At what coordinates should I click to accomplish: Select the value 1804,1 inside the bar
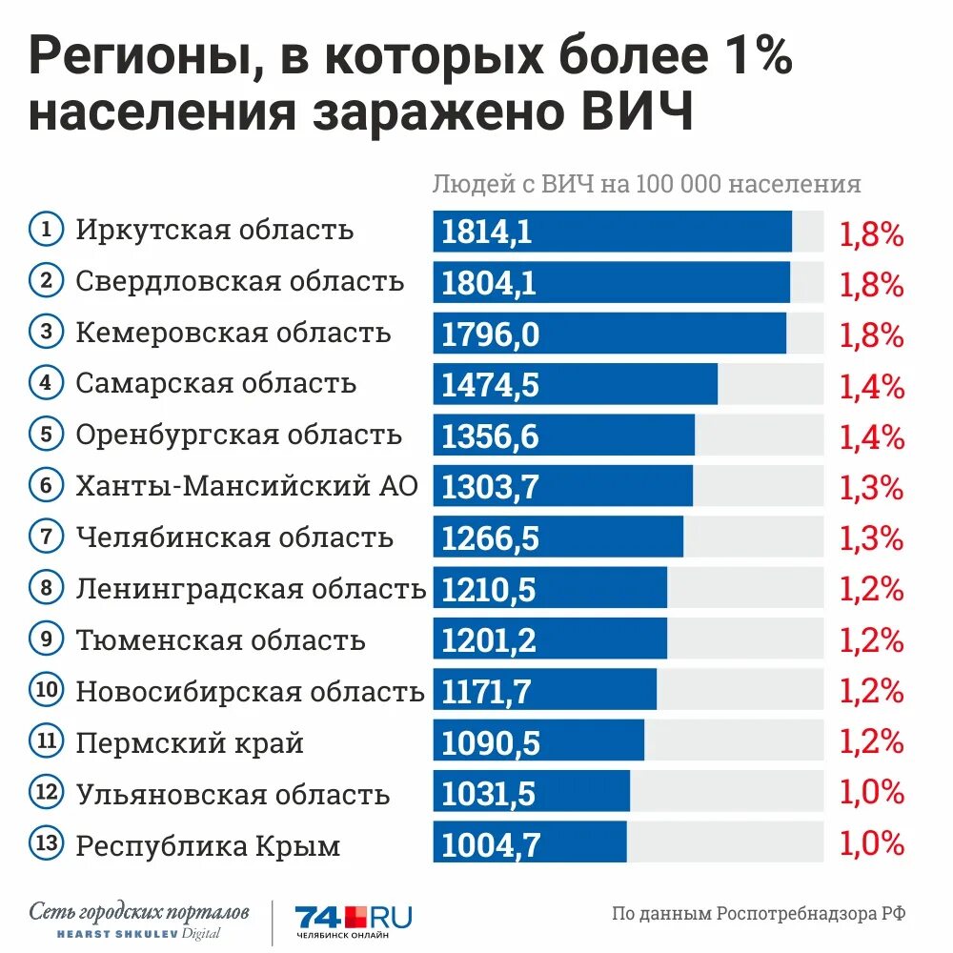tap(489, 283)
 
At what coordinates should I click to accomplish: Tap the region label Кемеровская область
tap(233, 334)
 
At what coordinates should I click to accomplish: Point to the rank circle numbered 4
tap(46, 383)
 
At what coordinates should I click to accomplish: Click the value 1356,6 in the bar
tap(491, 437)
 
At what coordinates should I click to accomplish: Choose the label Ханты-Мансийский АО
tap(247, 485)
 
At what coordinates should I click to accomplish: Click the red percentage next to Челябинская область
tap(871, 538)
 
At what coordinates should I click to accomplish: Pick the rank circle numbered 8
tap(46, 588)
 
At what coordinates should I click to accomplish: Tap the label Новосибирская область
tap(250, 691)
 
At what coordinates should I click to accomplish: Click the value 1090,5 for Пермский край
tap(490, 743)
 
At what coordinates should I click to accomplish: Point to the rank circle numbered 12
tap(46, 793)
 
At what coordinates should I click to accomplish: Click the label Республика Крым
tap(208, 845)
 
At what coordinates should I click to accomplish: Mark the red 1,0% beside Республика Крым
tap(871, 844)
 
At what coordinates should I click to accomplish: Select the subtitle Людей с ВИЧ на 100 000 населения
tap(647, 184)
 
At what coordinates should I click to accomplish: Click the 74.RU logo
tap(354, 922)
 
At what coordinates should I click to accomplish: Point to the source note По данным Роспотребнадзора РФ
tap(759, 913)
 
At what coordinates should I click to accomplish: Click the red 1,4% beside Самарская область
tap(871, 385)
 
